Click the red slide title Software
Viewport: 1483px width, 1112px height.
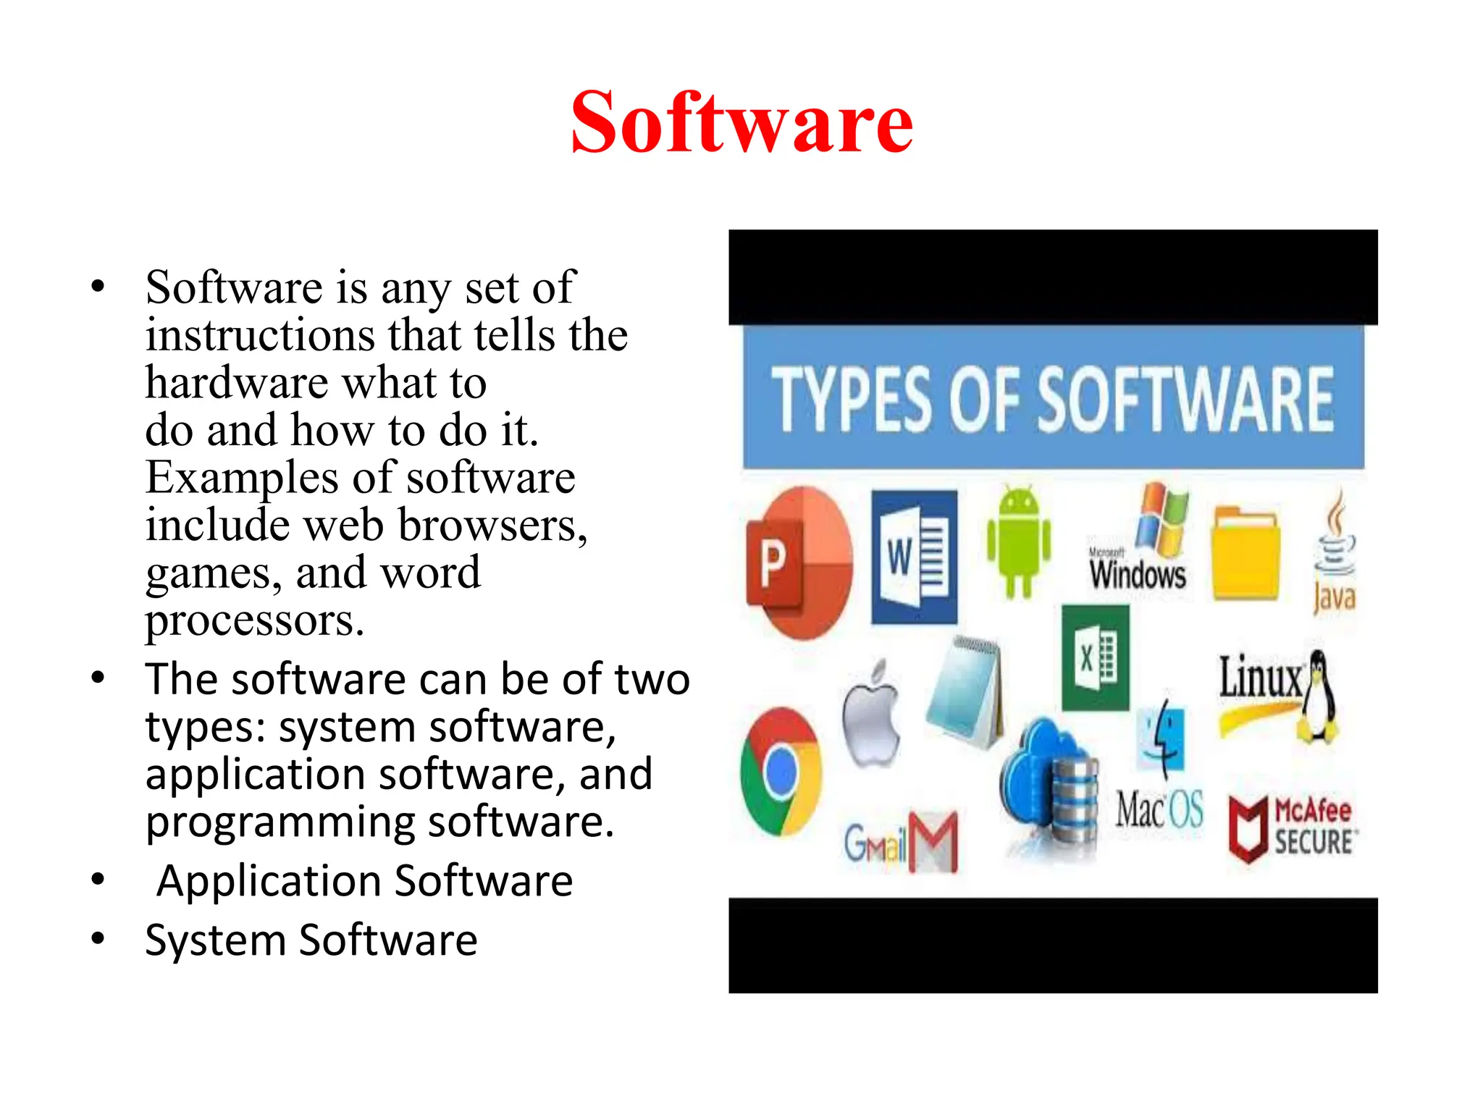click(x=741, y=122)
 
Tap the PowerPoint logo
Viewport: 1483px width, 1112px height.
click(x=799, y=563)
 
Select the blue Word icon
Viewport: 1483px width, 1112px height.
click(x=914, y=557)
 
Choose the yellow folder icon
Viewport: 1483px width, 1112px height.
click(x=1245, y=555)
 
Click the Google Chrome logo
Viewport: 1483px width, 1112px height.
click(x=781, y=772)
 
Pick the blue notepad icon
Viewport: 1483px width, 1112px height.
click(x=966, y=692)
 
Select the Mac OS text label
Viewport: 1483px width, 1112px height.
click(x=1159, y=809)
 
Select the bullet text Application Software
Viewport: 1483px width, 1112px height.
click(x=365, y=881)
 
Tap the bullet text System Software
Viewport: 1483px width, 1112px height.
click(x=311, y=940)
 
